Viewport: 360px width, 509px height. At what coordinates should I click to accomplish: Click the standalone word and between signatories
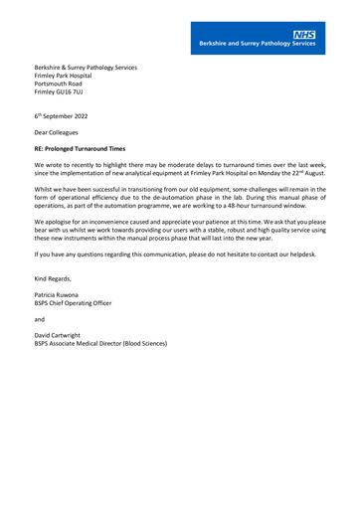40,320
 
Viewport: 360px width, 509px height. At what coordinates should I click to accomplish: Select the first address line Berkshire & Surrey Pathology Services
86,68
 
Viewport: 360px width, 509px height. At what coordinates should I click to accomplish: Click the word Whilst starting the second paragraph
45,186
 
